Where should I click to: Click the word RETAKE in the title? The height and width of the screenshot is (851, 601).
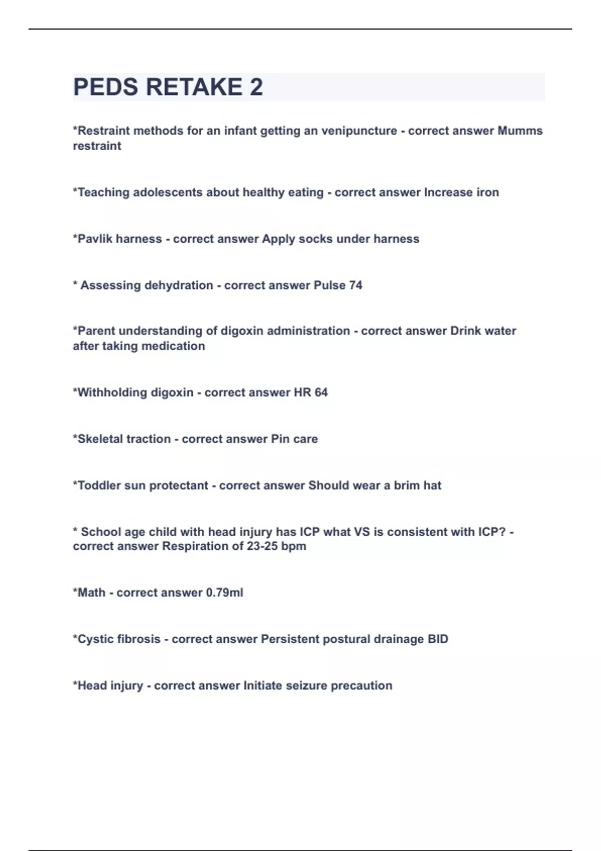click(x=194, y=87)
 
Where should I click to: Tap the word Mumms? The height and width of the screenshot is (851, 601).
click(x=520, y=131)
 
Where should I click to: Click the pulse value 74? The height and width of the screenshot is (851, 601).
click(x=356, y=285)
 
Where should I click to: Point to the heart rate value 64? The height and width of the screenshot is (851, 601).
click(x=321, y=392)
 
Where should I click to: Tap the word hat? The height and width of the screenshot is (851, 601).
click(x=432, y=486)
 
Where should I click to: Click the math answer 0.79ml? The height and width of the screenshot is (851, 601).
click(x=224, y=593)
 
